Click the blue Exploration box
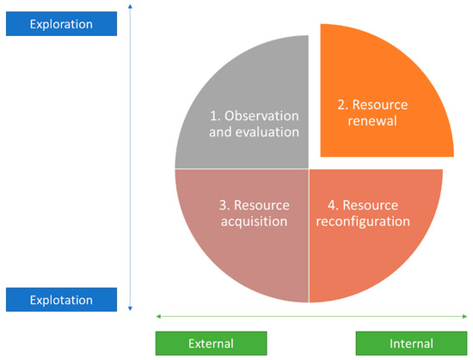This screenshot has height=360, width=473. coord(60,24)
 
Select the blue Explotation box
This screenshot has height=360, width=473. coord(60,299)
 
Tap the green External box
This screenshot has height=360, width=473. coord(212,344)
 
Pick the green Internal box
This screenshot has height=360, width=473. coord(411,344)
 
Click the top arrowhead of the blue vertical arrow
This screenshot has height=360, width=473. coord(129,6)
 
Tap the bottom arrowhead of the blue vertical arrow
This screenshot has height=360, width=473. coord(129,309)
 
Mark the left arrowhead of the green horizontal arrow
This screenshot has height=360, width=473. coord(157,317)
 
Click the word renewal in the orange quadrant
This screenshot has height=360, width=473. coord(372,122)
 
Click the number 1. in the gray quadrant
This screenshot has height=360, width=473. coord(217,114)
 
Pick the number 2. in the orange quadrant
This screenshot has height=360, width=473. coord(341,105)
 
